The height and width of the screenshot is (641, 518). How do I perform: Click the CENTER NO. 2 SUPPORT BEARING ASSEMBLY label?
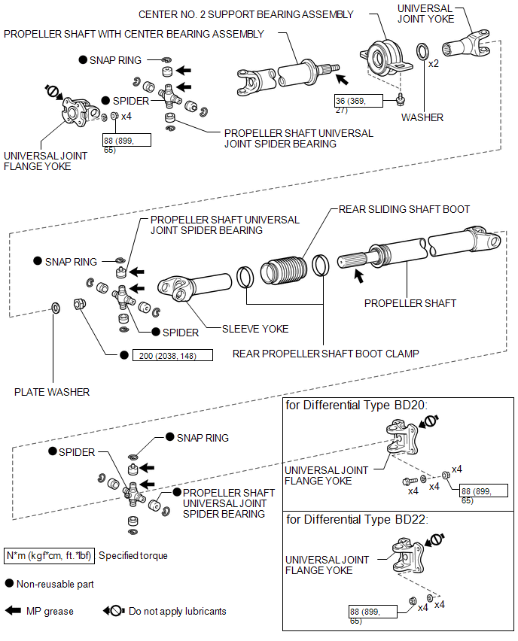click(246, 14)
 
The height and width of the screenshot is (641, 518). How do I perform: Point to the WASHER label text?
click(422, 117)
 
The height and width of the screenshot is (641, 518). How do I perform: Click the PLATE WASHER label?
click(52, 392)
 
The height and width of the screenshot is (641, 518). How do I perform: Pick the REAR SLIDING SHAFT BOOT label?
click(404, 209)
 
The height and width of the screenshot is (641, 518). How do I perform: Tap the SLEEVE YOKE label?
click(255, 329)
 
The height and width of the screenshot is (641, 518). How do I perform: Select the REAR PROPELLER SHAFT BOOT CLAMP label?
click(326, 353)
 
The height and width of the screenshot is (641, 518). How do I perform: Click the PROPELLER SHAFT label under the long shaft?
click(410, 303)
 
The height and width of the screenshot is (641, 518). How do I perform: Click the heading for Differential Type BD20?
click(356, 405)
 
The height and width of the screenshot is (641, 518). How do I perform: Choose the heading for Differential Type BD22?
click(356, 519)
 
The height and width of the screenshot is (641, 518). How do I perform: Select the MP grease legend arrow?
click(14, 611)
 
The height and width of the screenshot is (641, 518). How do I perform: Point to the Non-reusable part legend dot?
click(9, 583)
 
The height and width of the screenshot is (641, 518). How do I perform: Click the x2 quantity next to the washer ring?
click(434, 64)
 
